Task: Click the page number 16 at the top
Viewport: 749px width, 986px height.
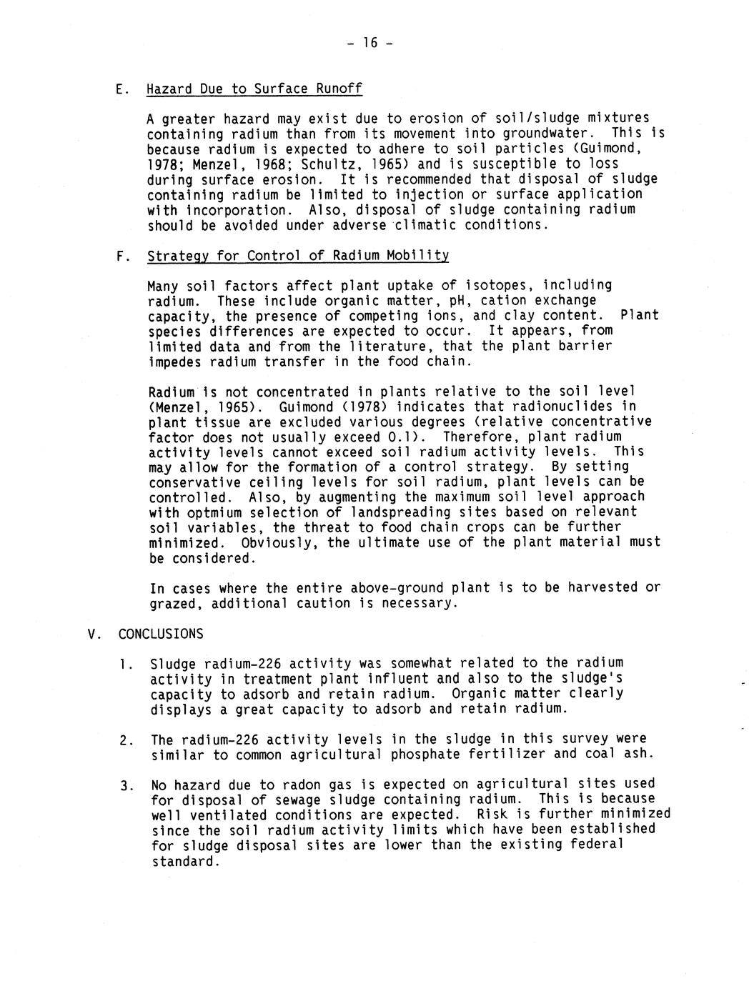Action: coord(369,43)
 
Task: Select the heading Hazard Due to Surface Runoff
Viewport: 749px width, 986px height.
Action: coord(254,89)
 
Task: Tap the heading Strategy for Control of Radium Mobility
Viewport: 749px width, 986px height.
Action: coord(298,256)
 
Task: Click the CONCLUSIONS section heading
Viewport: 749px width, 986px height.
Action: coord(161,634)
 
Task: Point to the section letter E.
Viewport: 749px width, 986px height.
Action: coord(119,89)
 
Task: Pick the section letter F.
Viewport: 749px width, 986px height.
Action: coord(119,256)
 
